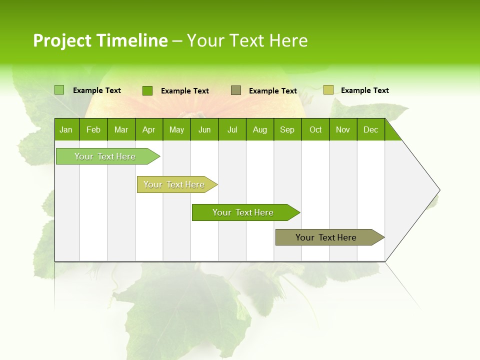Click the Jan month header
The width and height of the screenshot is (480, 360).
pos(66,129)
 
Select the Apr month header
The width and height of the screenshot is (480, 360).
pos(148,129)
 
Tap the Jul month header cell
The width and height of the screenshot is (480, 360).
pos(232,129)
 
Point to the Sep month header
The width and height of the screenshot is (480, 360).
pos(287,129)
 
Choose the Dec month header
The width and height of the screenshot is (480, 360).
pos(370,129)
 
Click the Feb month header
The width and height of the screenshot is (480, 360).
pos(93,129)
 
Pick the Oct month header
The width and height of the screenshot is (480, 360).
pos(315,129)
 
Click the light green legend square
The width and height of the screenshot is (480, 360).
pos(59,90)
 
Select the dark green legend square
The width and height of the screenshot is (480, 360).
pos(147,90)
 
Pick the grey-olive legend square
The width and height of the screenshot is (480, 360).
pos(236,90)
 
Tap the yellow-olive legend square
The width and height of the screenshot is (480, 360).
pos(328,90)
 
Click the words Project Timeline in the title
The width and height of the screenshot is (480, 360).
pos(100,40)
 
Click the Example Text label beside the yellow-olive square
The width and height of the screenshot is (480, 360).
pos(364,90)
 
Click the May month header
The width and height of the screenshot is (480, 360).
pos(176,129)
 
